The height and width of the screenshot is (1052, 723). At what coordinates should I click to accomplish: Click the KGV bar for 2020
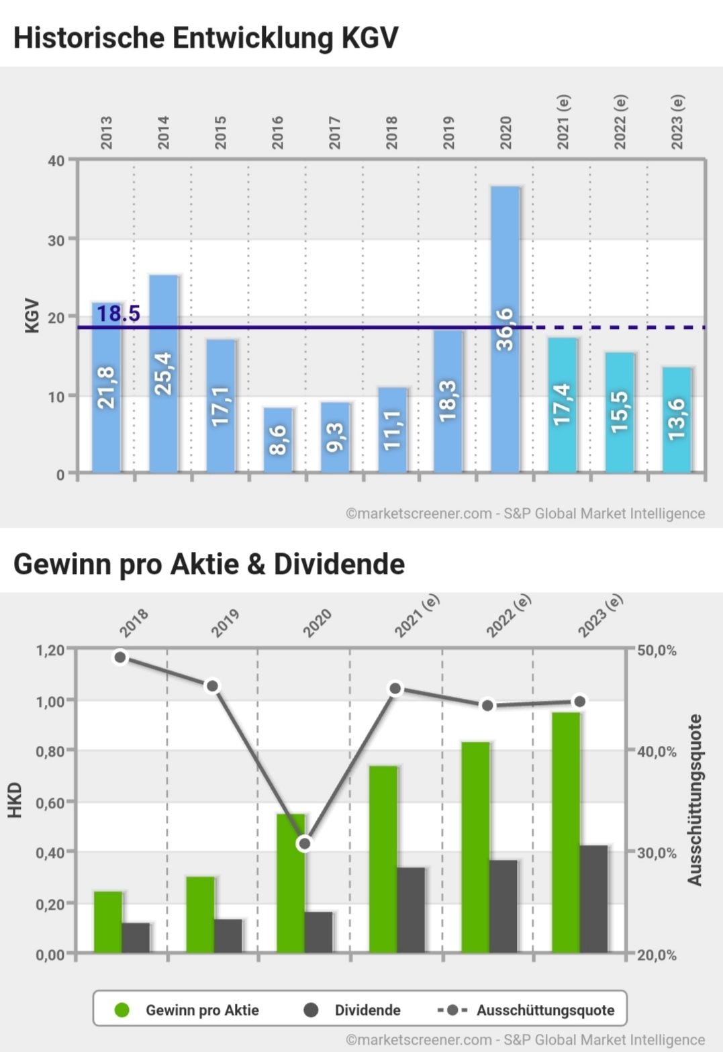(505, 329)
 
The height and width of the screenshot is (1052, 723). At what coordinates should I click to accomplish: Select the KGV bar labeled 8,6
(277, 440)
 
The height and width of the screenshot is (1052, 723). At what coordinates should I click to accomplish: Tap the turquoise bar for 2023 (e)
(677, 420)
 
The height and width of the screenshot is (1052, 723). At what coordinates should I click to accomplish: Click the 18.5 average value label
(118, 314)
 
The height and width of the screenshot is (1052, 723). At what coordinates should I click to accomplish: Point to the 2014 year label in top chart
(163, 132)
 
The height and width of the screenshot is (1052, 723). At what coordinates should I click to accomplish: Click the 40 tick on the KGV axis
(56, 161)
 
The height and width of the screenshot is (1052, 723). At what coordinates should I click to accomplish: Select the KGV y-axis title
(32, 316)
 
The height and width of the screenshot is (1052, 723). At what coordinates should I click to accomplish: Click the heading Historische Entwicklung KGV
(205, 38)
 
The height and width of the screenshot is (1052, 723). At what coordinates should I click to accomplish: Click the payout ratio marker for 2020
(305, 843)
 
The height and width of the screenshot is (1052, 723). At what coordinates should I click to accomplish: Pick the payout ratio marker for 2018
(120, 657)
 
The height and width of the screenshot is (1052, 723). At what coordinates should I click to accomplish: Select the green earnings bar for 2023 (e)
(566, 832)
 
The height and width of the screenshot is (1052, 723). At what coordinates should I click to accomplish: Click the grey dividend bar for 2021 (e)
(411, 910)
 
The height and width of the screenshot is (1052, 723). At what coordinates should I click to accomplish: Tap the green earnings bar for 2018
(108, 922)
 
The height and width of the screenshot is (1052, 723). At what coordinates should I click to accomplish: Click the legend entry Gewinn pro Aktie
(201, 1010)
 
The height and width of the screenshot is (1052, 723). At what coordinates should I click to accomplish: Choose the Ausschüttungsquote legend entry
(544, 1010)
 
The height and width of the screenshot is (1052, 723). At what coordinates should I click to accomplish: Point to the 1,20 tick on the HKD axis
(50, 650)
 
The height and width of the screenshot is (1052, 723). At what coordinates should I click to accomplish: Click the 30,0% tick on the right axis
(656, 853)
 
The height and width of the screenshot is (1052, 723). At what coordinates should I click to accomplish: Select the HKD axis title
(15, 800)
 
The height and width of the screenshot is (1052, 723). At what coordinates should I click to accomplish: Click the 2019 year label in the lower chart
(225, 623)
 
